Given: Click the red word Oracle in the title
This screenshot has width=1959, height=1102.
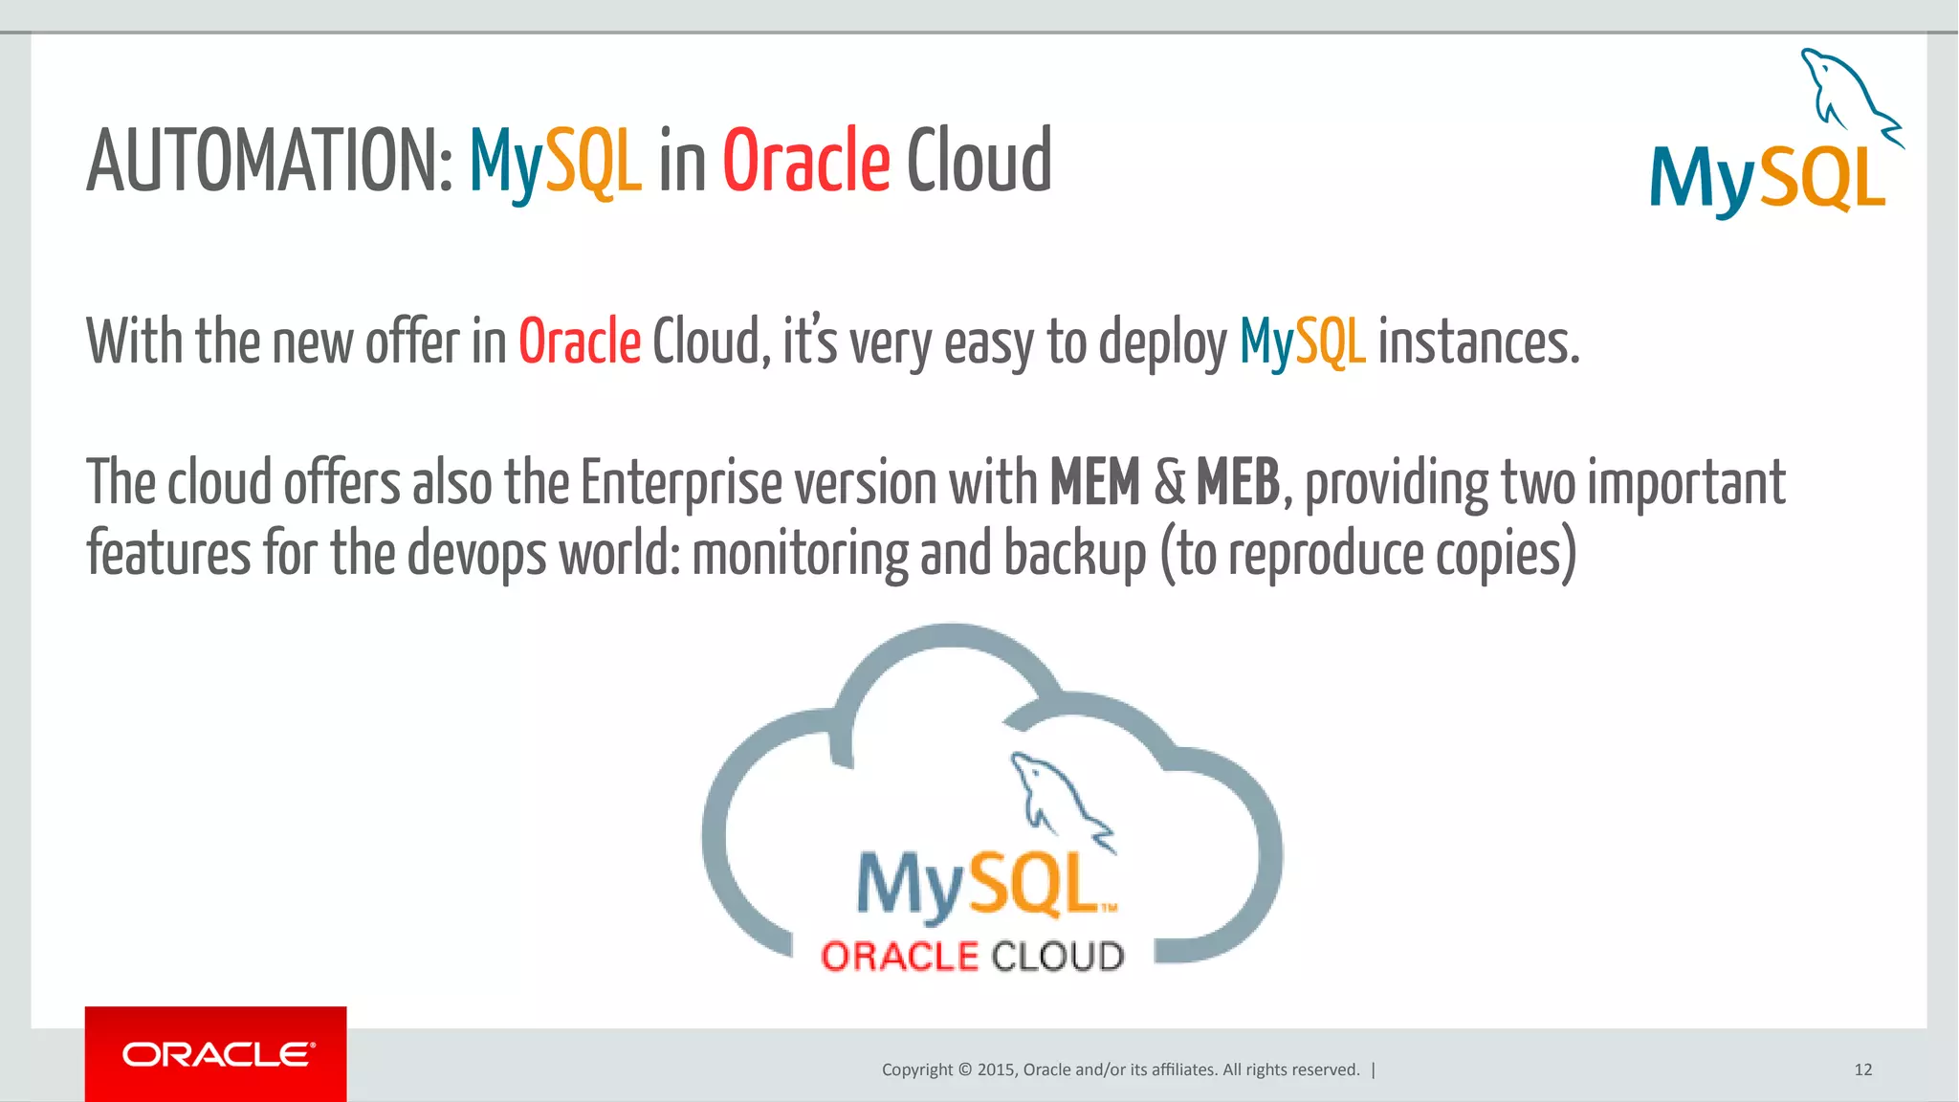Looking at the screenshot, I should [805, 161].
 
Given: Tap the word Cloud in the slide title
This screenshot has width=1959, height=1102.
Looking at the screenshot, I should [979, 161].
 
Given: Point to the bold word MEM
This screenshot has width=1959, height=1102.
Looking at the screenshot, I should [1094, 482].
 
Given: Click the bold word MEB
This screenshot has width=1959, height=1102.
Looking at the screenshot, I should [1238, 482].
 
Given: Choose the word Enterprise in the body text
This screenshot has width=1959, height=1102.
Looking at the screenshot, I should [681, 484].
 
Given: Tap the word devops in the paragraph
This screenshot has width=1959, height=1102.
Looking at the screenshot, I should [476, 555].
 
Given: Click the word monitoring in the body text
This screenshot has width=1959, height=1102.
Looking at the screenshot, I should [800, 555].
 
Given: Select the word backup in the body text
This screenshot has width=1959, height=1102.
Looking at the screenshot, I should [1074, 555].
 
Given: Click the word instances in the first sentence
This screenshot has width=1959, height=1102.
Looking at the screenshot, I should [1477, 342].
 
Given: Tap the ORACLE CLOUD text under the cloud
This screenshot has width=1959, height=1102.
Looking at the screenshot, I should [972, 957].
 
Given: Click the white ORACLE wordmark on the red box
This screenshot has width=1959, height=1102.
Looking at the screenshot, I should [217, 1054].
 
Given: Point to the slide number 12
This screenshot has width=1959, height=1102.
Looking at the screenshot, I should [1862, 1069].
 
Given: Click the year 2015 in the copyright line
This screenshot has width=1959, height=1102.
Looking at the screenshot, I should [996, 1069].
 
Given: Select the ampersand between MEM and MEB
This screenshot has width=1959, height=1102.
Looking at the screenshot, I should [1169, 482].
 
